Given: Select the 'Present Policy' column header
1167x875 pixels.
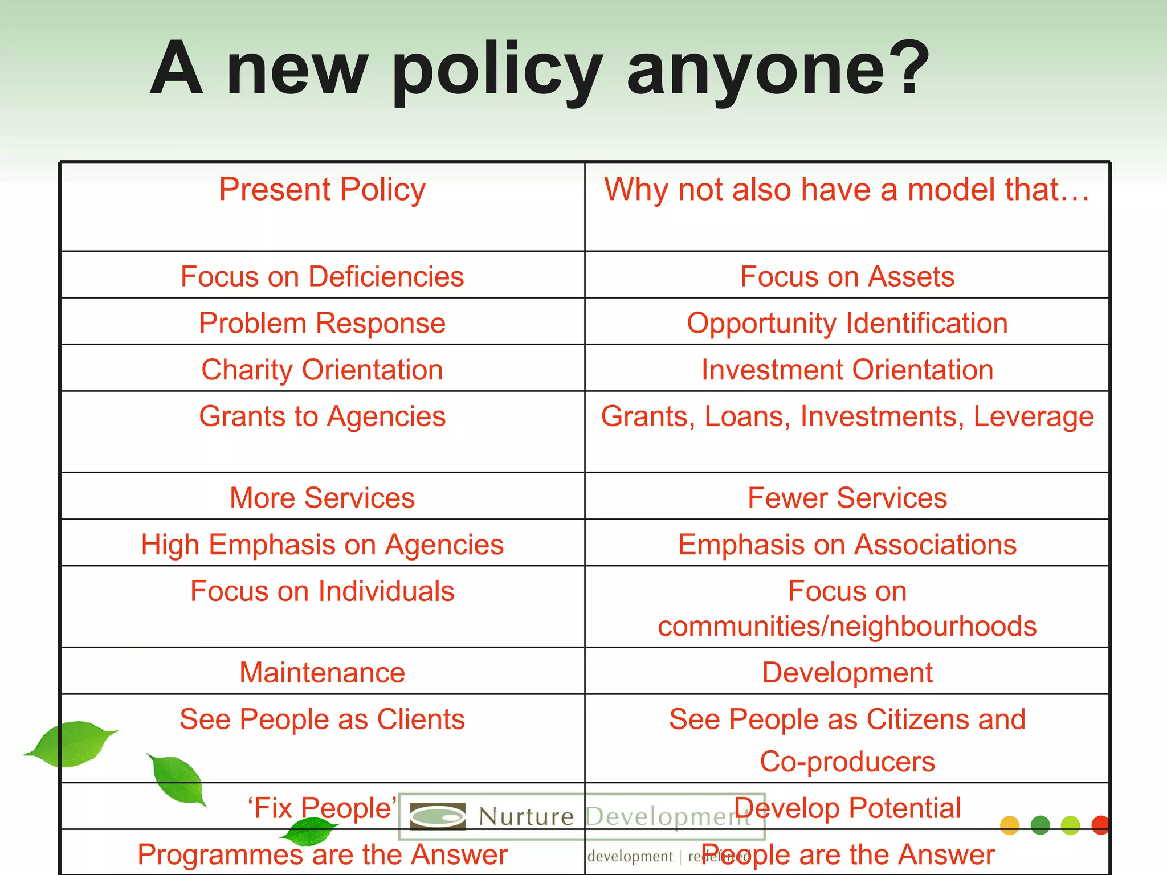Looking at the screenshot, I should [322, 190].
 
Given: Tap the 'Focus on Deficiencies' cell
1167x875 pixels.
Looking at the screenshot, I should [322, 277].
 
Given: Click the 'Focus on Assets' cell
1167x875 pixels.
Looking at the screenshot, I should [847, 277].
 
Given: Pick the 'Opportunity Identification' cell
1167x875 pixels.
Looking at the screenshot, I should [847, 324].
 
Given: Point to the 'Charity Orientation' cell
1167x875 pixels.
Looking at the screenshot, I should [322, 370].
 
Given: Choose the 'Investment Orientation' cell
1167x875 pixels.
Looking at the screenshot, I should [847, 370].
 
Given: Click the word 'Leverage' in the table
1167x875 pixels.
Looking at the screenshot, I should [1033, 416].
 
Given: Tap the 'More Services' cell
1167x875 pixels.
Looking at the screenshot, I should [322, 498].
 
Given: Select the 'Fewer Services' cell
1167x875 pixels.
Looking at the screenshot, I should [847, 498].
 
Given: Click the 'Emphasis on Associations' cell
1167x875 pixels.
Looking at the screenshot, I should [847, 545].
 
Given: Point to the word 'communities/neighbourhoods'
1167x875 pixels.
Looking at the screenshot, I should [847, 626].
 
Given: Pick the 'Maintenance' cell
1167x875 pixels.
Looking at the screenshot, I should [322, 673].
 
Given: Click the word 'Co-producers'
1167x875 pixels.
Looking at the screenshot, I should [847, 762].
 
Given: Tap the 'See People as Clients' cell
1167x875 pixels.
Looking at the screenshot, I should [322, 719].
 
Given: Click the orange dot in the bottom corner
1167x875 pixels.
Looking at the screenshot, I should [1009, 825].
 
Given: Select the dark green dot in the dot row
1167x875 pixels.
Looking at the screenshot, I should [1040, 825].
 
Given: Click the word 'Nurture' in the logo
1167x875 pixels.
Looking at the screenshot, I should [525, 817].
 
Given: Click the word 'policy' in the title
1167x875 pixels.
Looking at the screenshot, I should [496, 71].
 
